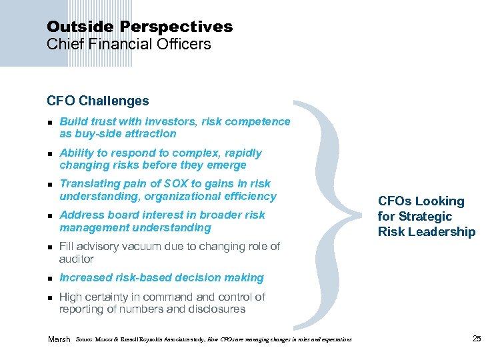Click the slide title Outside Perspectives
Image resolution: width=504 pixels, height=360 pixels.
139,27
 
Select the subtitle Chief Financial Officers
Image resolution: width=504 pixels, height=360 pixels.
129,45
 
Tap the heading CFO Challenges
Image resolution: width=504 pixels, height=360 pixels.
98,101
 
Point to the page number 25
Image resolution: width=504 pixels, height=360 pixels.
476,339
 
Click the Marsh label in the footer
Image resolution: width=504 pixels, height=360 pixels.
59,339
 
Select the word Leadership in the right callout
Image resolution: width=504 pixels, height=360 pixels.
443,232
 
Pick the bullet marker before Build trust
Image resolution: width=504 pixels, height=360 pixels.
50,122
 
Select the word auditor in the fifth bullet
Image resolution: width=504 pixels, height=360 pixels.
77,259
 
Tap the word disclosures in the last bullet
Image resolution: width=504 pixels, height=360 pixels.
215,309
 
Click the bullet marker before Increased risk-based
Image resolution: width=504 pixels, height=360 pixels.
50,278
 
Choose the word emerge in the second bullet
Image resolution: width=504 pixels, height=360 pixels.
227,165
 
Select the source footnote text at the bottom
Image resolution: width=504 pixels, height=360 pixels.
214,340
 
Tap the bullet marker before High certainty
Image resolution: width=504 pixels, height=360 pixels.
50,297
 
